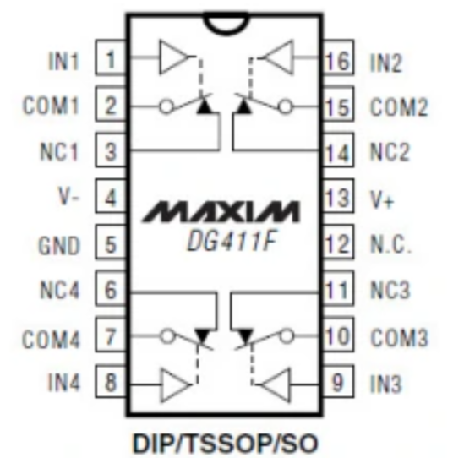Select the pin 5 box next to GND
pos(112,246)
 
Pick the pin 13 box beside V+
pos(337,199)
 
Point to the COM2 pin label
pos(397,107)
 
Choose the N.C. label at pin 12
pos(391,246)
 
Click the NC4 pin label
pos(61,292)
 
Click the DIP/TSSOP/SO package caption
pos(225,439)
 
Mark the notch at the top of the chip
pos(225,24)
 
